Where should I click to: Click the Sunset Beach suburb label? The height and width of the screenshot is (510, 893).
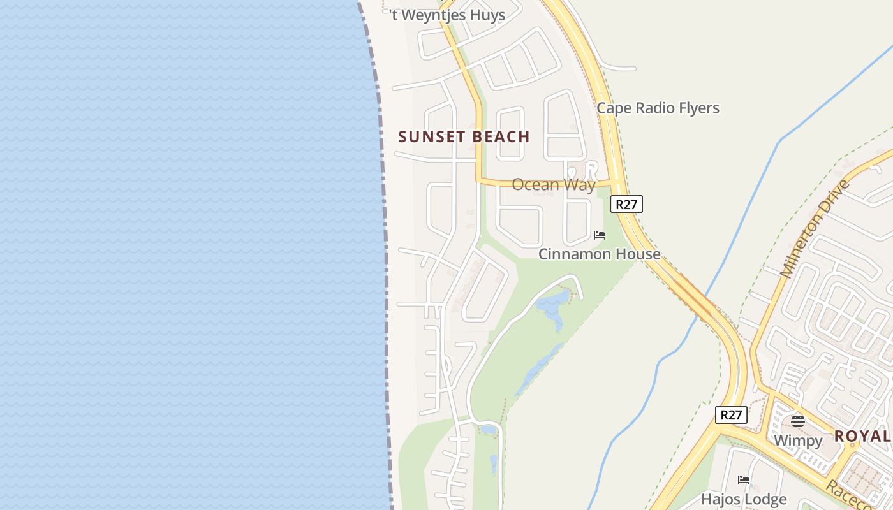(464, 136)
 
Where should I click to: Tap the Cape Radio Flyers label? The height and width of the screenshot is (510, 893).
(658, 108)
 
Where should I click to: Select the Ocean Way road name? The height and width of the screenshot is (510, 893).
(553, 185)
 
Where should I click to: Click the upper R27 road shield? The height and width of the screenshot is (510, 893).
(626, 204)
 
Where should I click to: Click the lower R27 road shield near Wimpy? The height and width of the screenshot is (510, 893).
(730, 415)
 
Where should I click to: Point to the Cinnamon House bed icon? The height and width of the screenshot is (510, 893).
(600, 235)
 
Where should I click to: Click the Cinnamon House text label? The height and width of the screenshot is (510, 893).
(599, 254)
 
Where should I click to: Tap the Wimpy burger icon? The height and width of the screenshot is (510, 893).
(797, 421)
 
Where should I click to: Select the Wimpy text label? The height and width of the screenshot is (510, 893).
(797, 440)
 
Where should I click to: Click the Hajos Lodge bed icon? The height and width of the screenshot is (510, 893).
(744, 480)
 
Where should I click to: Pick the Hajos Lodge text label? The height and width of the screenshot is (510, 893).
(744, 499)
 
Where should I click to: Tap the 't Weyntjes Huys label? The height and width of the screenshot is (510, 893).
(447, 15)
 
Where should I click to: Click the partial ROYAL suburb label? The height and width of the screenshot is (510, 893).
(862, 436)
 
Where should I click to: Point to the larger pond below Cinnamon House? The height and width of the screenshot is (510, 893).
(552, 305)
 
